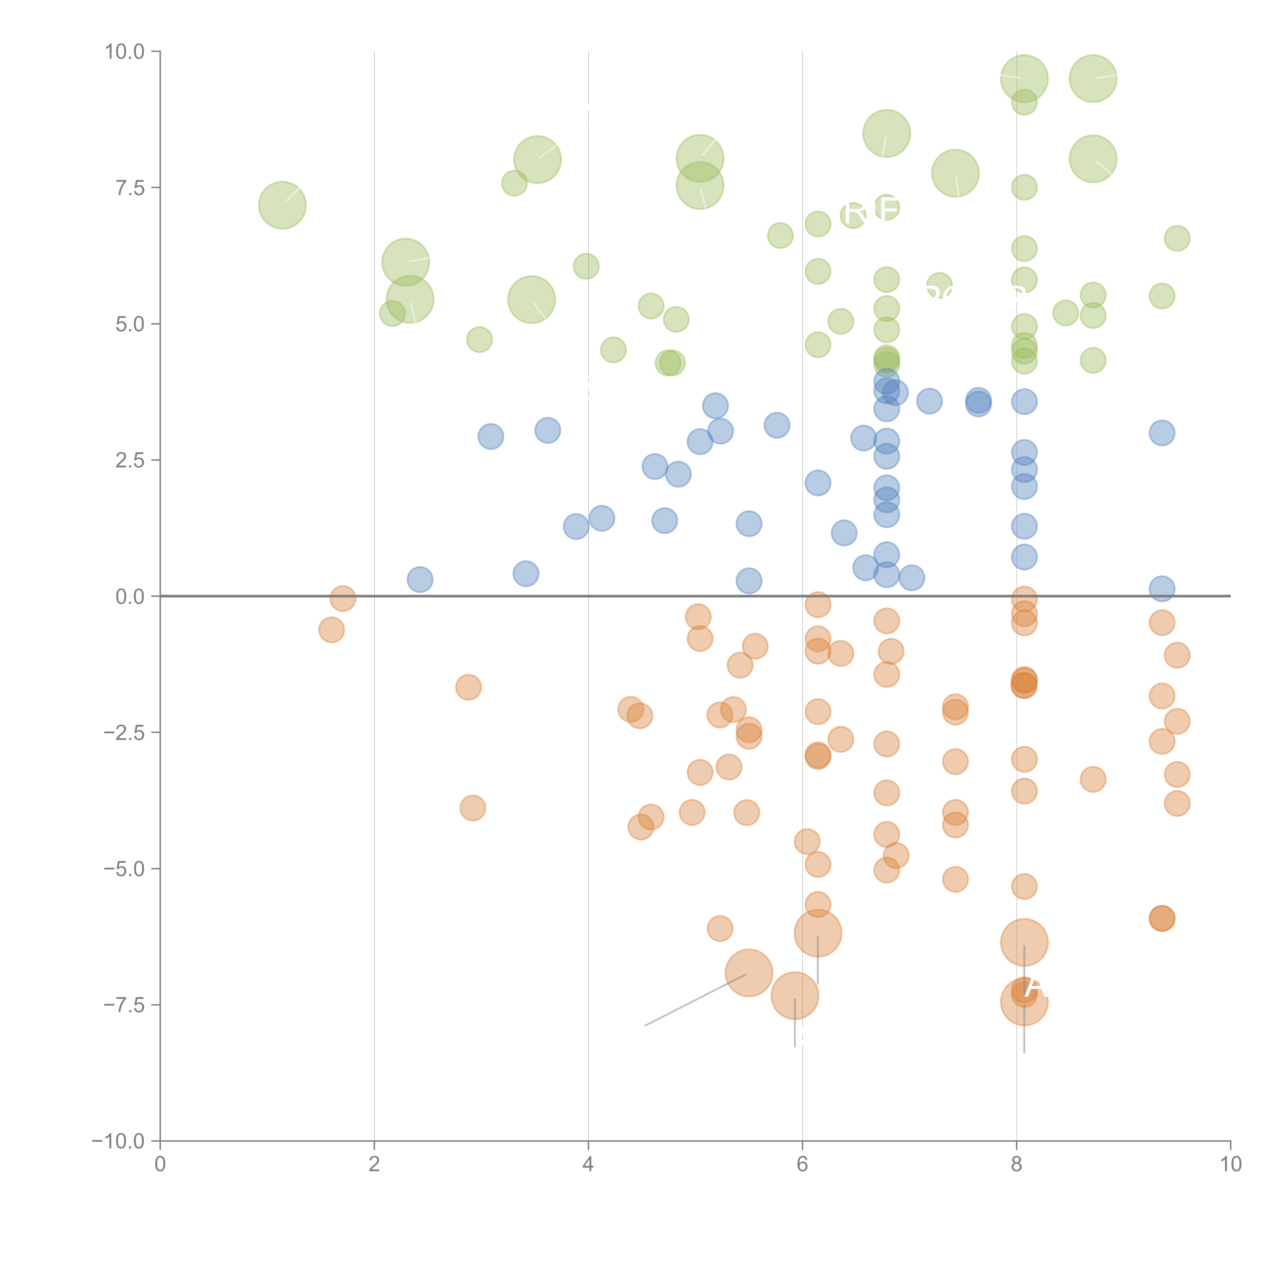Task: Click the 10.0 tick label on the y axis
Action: tap(125, 52)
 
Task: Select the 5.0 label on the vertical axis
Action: tap(130, 325)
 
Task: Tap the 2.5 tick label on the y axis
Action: tap(130, 460)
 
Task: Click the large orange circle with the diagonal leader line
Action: tap(748, 973)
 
